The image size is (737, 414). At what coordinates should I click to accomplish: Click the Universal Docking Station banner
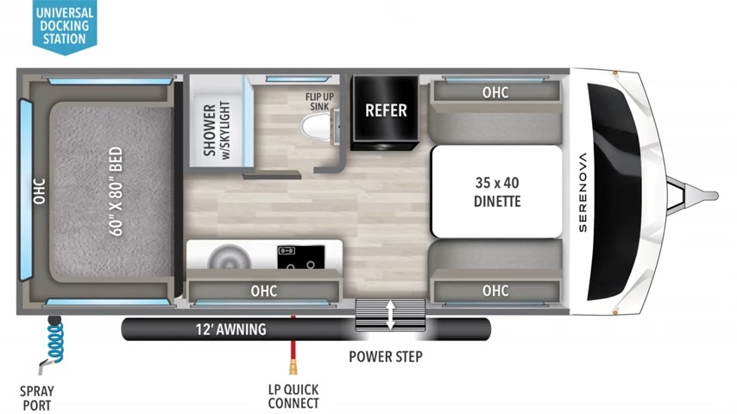(x=66, y=23)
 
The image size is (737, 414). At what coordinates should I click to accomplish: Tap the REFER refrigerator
(x=386, y=110)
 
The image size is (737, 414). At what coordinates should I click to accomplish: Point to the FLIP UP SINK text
(x=320, y=101)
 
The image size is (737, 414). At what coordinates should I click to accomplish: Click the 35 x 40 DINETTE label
(x=498, y=191)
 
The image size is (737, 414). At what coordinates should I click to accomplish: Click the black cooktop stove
(x=297, y=254)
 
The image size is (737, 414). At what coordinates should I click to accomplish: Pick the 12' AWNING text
(x=229, y=329)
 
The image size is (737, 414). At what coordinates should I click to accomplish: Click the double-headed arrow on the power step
(x=391, y=314)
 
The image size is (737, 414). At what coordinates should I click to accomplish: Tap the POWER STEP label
(x=386, y=356)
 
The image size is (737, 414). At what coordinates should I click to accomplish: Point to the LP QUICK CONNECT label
(x=293, y=397)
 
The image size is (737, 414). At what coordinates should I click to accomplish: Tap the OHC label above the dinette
(x=495, y=92)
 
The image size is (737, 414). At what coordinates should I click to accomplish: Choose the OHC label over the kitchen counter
(x=264, y=291)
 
